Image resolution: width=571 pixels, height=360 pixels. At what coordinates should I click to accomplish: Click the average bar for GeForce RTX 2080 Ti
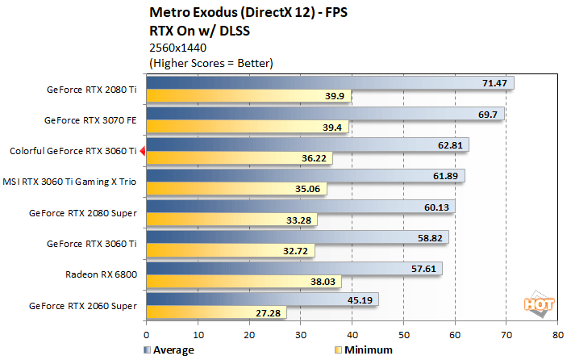click(329, 83)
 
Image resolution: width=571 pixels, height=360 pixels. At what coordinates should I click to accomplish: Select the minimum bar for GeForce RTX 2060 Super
click(216, 312)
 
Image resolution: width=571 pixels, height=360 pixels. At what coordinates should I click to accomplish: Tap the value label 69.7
click(487, 114)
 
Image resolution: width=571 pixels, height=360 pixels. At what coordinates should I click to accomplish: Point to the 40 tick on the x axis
click(352, 333)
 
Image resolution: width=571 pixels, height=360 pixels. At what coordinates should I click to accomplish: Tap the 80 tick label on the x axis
click(556, 333)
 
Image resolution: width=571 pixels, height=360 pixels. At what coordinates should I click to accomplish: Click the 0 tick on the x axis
click(146, 333)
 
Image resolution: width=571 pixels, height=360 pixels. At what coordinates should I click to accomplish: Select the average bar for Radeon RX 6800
click(294, 268)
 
